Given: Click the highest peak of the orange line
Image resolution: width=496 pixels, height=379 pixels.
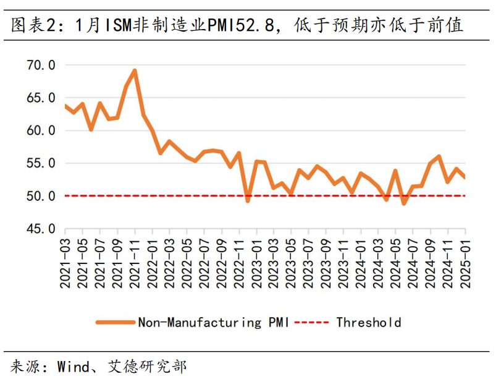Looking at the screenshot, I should (135, 70).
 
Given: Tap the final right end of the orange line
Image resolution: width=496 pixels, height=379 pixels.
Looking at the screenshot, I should (464, 178).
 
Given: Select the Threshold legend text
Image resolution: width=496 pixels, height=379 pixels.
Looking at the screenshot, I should (369, 322).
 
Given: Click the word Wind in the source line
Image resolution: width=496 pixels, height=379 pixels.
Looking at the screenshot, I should (73, 366).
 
